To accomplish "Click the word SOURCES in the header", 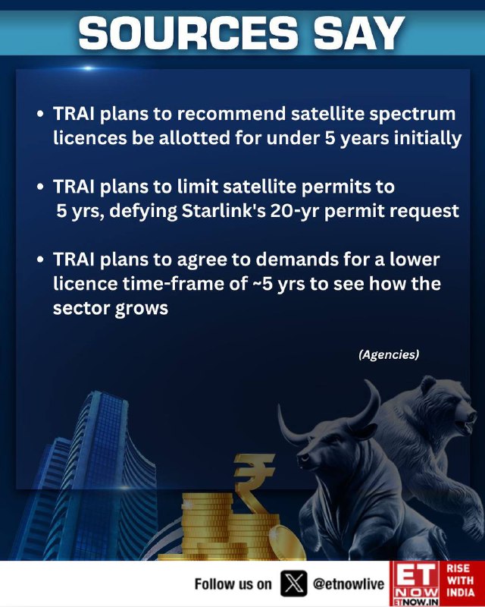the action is click(189, 33).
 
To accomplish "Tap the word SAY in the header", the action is click(359, 33).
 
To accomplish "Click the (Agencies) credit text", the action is click(389, 354).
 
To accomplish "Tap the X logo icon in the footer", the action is click(293, 583).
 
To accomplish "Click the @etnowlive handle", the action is click(349, 583).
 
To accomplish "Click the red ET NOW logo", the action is click(415, 583).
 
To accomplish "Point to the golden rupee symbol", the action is click(252, 483).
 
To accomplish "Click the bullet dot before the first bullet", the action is click(40, 115).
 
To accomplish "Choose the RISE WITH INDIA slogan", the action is click(460, 580).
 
